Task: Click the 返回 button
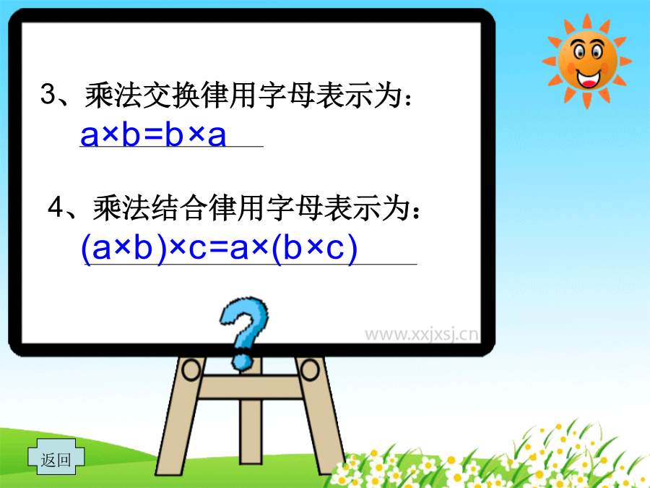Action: coord(56,457)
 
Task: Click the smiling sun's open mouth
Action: coord(589,79)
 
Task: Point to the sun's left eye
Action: coord(578,51)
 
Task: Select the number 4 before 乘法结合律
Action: coord(56,207)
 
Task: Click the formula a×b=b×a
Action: coord(153,134)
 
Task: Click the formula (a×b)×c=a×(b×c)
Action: coord(220,248)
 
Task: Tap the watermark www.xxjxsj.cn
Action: coord(421,334)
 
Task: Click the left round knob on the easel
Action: coord(191,369)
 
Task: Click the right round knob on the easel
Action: coord(310,369)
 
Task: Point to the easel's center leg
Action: coord(251,432)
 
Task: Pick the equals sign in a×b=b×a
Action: coord(152,135)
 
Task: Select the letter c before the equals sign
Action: coord(197,250)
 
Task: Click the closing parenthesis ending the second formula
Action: coord(352,249)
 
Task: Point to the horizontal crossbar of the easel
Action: coord(251,386)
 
